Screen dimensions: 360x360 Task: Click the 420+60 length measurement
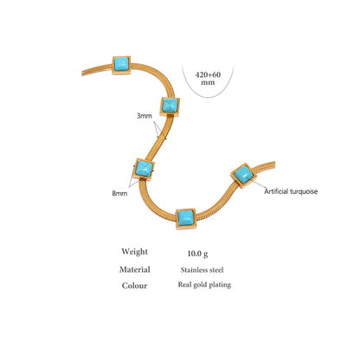(208, 74)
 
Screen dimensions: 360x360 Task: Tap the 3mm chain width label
(145, 116)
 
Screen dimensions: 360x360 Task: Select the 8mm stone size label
(119, 193)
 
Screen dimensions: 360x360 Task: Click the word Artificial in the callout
(276, 191)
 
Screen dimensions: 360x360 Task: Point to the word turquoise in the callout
(304, 191)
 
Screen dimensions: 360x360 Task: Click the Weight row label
(134, 252)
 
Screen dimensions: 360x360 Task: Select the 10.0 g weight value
(197, 254)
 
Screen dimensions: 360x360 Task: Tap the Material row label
(135, 269)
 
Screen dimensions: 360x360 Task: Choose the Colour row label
(134, 286)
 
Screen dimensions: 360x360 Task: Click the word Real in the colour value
(184, 285)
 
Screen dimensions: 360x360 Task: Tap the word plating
(220, 285)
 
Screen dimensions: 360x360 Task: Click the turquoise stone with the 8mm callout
(144, 169)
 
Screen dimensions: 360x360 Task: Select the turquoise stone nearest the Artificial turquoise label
(244, 175)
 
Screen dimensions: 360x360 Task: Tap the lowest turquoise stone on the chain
(186, 218)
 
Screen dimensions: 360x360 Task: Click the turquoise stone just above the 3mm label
(170, 106)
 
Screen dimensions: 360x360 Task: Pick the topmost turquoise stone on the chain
(121, 65)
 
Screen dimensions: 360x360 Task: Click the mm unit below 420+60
(208, 82)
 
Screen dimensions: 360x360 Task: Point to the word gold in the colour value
(200, 285)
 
